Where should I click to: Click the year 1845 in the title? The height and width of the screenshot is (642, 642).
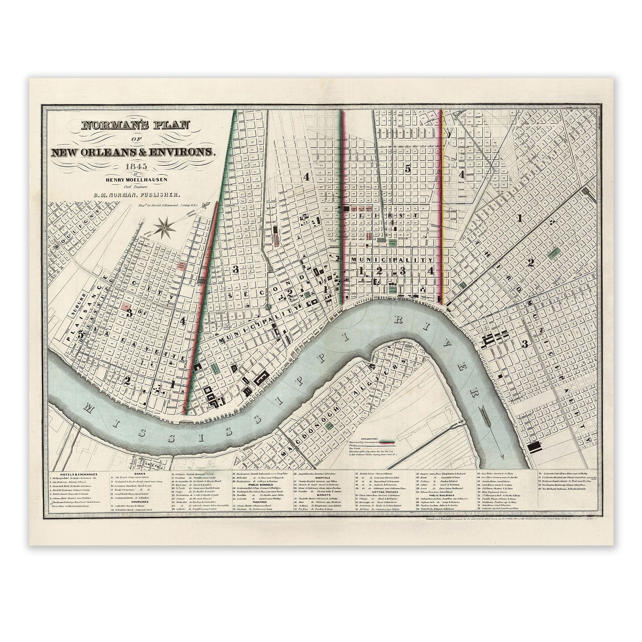(135, 167)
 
